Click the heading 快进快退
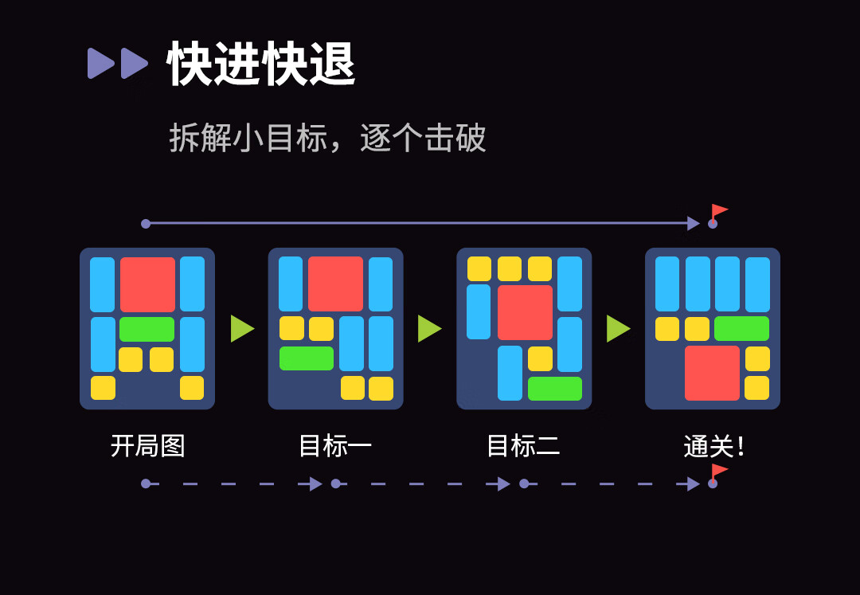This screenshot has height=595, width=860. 261,64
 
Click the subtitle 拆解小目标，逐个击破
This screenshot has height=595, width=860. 327,137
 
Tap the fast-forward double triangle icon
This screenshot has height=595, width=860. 118,63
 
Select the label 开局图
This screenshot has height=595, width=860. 147,446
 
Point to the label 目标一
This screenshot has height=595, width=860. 336,446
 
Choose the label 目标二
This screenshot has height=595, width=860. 524,446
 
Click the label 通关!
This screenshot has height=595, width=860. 713,446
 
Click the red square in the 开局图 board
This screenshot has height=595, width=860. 147,284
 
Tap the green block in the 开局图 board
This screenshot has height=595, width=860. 147,329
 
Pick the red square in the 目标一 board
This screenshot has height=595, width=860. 336,284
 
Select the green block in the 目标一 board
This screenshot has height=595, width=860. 307,358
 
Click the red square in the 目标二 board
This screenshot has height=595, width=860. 525,312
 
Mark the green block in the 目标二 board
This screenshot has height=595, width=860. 555,388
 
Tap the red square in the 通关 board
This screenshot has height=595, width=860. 713,373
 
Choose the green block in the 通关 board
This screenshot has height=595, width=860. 741,328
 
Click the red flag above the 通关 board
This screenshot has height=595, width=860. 719,212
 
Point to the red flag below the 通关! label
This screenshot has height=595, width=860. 719,472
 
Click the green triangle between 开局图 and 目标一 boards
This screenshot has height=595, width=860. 242,328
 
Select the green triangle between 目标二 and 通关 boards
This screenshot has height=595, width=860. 619,328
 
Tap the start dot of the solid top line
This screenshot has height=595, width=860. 146,224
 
